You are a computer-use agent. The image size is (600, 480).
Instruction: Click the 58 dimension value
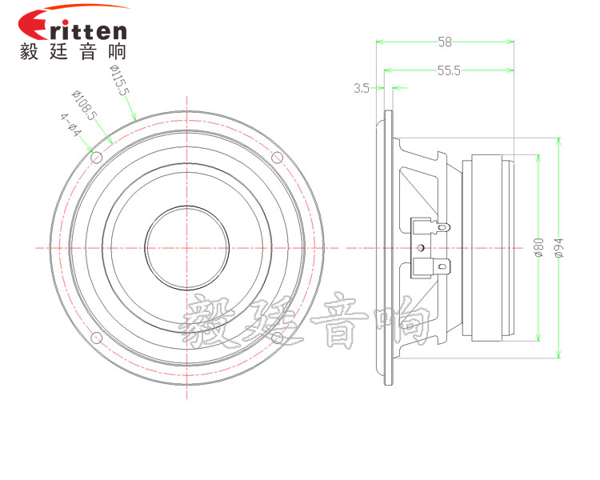445,42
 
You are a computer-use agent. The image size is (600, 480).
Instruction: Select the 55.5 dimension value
449,70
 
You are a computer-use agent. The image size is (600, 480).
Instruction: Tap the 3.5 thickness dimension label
362,89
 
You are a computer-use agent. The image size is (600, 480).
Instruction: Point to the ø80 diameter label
538,247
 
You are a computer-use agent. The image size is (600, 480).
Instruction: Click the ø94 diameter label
559,248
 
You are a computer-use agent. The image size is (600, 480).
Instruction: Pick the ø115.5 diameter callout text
120,80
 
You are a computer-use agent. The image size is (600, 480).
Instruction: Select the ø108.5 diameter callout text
85,106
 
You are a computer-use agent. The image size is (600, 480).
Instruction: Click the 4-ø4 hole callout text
70,125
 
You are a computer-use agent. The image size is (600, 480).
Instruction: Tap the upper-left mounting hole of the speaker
97,158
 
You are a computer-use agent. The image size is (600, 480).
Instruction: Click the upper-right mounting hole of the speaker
277,158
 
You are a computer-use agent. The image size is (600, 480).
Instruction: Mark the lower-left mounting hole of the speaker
97,338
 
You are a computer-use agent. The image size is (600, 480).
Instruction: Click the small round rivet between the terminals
422,248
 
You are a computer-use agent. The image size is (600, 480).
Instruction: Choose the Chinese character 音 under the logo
88,52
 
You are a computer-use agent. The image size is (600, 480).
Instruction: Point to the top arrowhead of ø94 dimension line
558,142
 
